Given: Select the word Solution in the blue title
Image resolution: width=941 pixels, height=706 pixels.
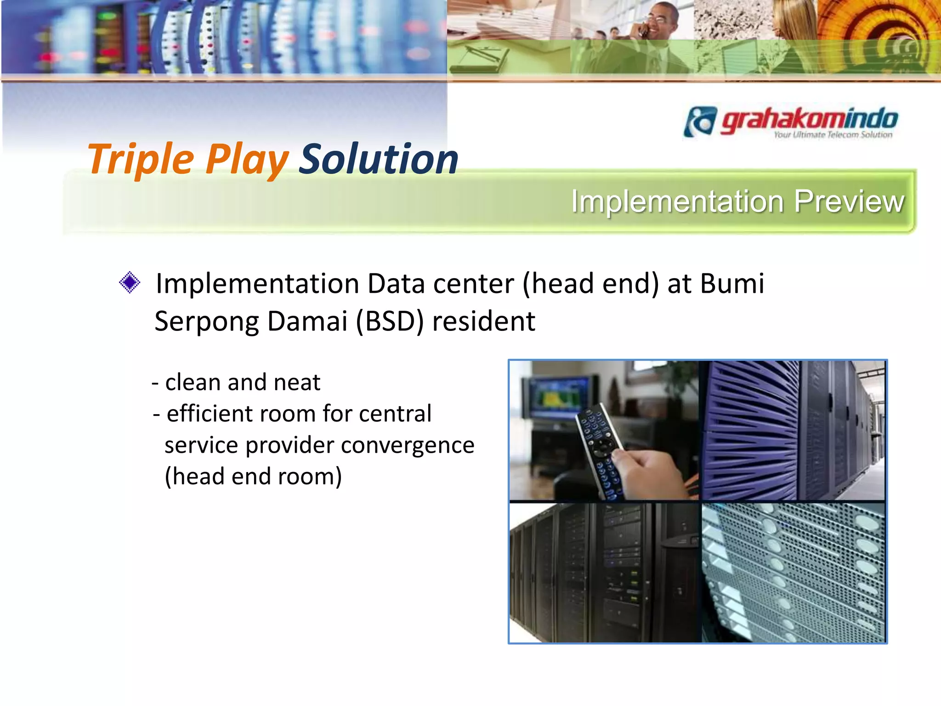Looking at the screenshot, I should (379, 159).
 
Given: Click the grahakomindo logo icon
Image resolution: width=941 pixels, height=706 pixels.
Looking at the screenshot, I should (700, 121).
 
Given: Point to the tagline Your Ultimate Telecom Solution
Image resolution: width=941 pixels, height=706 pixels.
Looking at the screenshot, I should (833, 135).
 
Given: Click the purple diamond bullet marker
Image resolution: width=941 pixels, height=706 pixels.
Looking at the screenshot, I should (130, 282).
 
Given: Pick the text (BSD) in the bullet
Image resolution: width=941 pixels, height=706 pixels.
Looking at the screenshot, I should (390, 321).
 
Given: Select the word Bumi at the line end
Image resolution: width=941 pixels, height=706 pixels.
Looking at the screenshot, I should (732, 284).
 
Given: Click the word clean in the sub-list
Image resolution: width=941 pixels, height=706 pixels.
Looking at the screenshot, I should (193, 382).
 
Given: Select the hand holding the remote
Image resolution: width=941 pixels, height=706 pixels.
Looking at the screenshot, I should (652, 473).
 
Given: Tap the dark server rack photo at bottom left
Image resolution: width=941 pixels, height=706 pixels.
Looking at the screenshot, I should (605, 572).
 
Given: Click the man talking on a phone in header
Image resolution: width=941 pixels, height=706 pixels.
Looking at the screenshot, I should (662, 28).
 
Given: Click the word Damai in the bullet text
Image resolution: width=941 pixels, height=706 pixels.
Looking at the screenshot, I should (307, 321).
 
